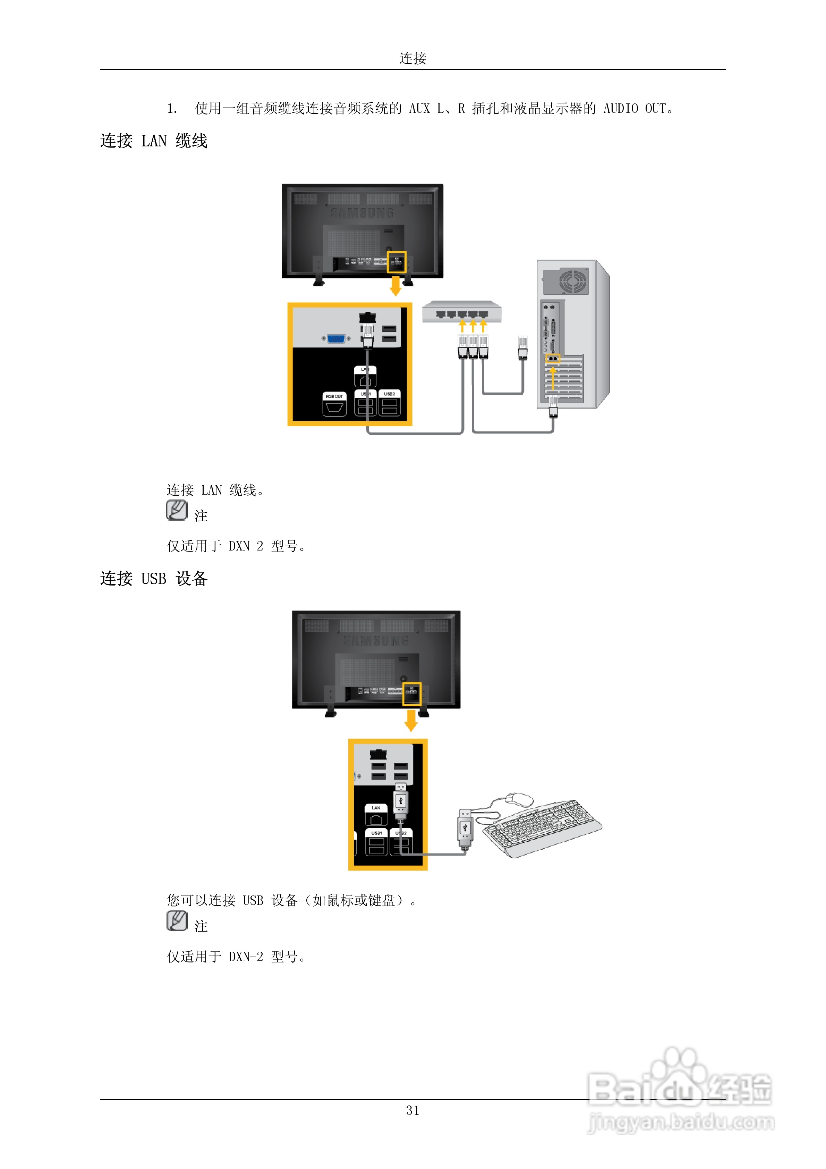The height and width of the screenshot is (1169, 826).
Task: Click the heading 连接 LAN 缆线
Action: [154, 141]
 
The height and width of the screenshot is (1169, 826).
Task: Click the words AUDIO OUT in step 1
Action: [635, 108]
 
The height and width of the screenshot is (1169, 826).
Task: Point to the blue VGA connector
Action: [336, 338]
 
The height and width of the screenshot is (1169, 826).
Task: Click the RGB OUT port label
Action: [334, 396]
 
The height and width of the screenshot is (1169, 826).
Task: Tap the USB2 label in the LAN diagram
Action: [390, 394]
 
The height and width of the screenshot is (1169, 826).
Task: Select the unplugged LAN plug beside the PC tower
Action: [523, 348]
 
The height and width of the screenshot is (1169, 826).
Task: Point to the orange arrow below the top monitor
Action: [395, 286]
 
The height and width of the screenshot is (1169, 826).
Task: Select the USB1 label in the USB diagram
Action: [377, 833]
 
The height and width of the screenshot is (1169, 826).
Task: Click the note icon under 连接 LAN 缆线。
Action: [177, 510]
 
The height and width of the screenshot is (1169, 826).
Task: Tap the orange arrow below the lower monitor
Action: [411, 721]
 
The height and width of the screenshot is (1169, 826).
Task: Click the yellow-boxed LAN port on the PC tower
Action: [553, 359]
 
